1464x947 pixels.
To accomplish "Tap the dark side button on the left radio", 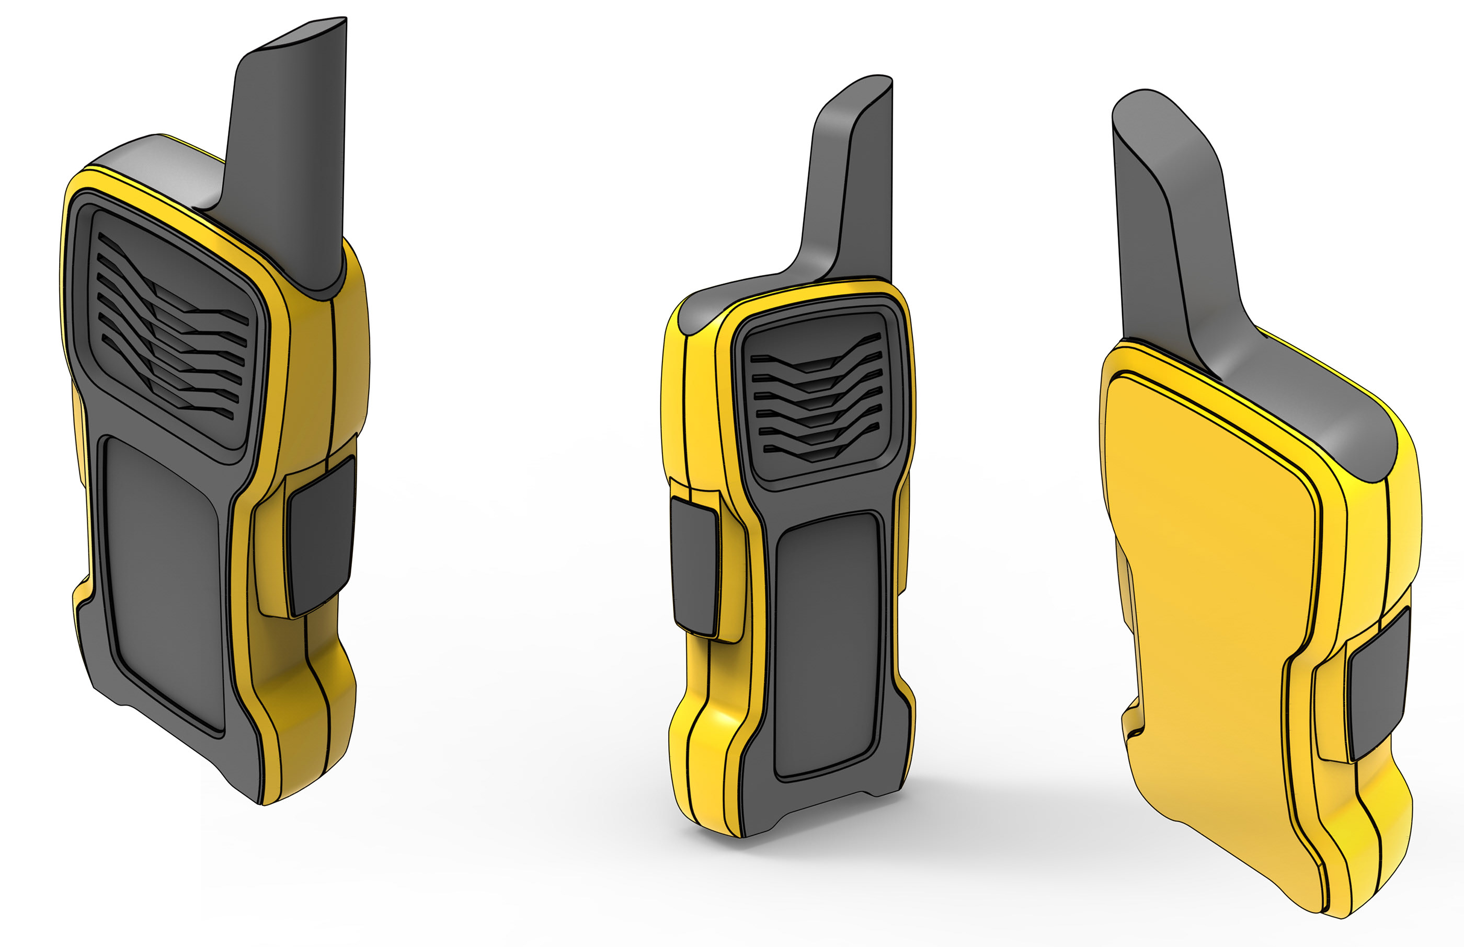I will pos(320,535).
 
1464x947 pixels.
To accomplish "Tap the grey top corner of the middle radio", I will pos(701,314).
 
